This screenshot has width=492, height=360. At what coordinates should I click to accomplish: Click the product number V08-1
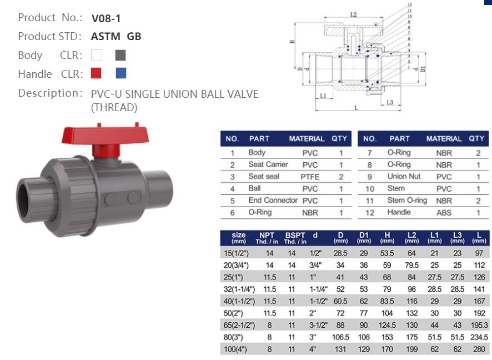pyautogui.click(x=106, y=18)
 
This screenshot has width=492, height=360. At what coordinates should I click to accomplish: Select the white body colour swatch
pyautogui.click(x=97, y=55)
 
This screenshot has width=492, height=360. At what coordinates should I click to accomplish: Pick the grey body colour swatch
pyautogui.click(x=121, y=55)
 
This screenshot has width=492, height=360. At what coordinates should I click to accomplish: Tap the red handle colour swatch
pyautogui.click(x=97, y=73)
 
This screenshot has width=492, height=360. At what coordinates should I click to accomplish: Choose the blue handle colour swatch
pyautogui.click(x=121, y=73)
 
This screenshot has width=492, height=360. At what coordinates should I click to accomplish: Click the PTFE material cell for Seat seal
pyautogui.click(x=310, y=177)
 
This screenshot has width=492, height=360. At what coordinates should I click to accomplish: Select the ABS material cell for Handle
pyautogui.click(x=444, y=213)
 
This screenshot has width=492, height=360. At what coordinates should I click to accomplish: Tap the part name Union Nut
pyautogui.click(x=404, y=177)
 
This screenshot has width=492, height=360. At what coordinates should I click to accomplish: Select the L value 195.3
pyautogui.click(x=478, y=325)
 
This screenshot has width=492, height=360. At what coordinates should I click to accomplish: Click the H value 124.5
pyautogui.click(x=387, y=325)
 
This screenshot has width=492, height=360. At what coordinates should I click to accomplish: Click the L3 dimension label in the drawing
pyautogui.click(x=390, y=102)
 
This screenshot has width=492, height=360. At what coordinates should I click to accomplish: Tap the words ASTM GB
pyautogui.click(x=116, y=37)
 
